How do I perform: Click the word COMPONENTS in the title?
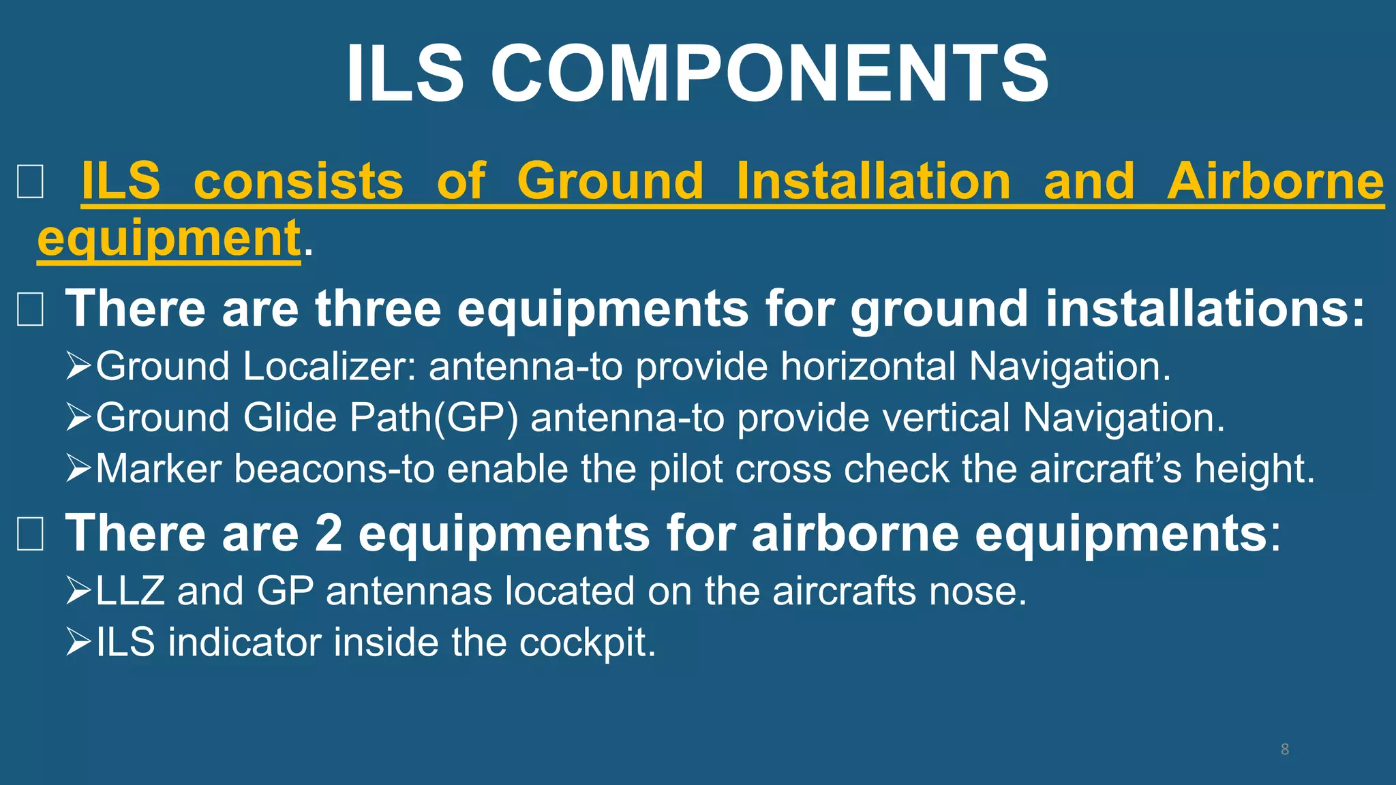pyautogui.click(x=770, y=74)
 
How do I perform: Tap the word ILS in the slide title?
pyautogui.click(x=405, y=74)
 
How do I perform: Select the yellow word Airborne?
pyautogui.click(x=1275, y=181)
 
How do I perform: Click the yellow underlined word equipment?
pyautogui.click(x=169, y=238)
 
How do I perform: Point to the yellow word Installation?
pyautogui.click(x=874, y=181)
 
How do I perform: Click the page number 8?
pyautogui.click(x=1284, y=750)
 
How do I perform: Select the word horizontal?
pyautogui.click(x=868, y=367)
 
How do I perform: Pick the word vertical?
pyautogui.click(x=946, y=418)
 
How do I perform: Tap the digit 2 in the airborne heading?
pyautogui.click(x=329, y=533)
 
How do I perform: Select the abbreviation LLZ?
pyautogui.click(x=130, y=591)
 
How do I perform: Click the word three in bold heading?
pyautogui.click(x=378, y=309)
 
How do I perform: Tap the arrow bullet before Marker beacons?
pyautogui.click(x=78, y=469)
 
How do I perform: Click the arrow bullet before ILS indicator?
pyautogui.click(x=78, y=643)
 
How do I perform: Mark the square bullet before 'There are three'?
pyautogui.click(x=30, y=309)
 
